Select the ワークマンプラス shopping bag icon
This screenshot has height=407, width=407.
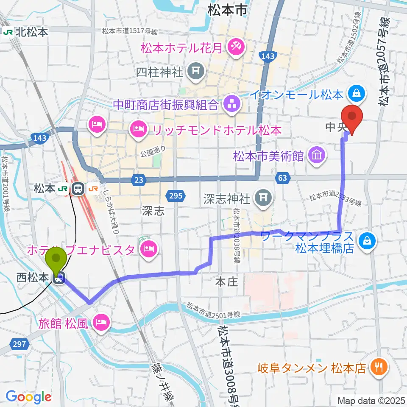click(x=366, y=241)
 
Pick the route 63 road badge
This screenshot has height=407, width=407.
click(x=283, y=178)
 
